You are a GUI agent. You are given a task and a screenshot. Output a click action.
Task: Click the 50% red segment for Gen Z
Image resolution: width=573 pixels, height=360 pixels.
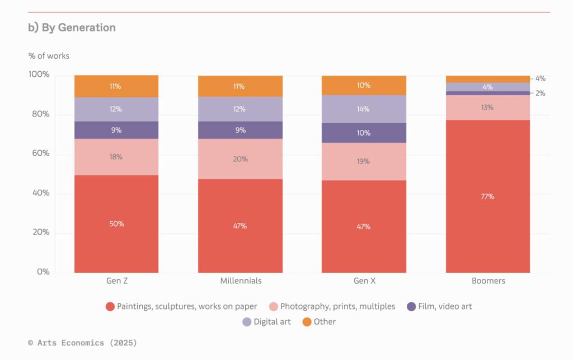click(x=116, y=224)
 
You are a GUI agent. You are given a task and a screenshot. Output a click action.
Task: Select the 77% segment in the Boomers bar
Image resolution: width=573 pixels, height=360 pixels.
click(x=488, y=197)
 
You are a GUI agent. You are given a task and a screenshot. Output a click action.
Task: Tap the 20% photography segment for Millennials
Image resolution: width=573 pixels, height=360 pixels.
click(x=241, y=159)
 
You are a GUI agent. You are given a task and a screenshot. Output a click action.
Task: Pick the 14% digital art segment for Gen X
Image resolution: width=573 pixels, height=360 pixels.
click(x=364, y=109)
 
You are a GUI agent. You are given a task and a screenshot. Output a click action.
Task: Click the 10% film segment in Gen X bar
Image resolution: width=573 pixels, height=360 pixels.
click(x=364, y=133)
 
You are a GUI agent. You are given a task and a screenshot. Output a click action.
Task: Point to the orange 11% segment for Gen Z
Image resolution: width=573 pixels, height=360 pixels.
click(x=116, y=86)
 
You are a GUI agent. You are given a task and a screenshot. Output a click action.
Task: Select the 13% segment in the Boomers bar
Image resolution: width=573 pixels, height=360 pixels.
click(x=488, y=107)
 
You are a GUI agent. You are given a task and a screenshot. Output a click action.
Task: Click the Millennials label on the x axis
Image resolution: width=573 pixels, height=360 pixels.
click(x=241, y=281)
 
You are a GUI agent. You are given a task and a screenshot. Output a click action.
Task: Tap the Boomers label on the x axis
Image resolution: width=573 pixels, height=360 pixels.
click(x=489, y=281)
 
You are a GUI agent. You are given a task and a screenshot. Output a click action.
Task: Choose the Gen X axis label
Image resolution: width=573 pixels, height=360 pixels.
click(x=364, y=281)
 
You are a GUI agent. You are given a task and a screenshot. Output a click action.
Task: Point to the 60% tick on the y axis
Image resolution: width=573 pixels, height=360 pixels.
click(x=39, y=153)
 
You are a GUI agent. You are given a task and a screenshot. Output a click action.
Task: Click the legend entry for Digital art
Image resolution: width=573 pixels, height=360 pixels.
click(x=266, y=322)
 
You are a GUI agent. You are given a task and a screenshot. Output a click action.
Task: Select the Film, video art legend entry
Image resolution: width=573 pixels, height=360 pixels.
click(x=439, y=306)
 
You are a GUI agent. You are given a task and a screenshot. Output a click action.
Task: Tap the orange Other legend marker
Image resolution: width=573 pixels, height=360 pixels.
click(x=307, y=322)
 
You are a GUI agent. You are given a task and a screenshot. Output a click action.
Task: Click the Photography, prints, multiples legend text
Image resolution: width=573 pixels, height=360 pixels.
click(x=337, y=306)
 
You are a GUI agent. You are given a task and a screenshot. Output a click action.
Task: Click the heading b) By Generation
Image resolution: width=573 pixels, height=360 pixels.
click(x=72, y=27)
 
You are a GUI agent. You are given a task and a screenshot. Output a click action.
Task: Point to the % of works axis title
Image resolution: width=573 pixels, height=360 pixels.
click(x=49, y=56)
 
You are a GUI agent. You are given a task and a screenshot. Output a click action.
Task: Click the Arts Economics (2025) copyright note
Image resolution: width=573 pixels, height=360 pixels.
click(x=82, y=343)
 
